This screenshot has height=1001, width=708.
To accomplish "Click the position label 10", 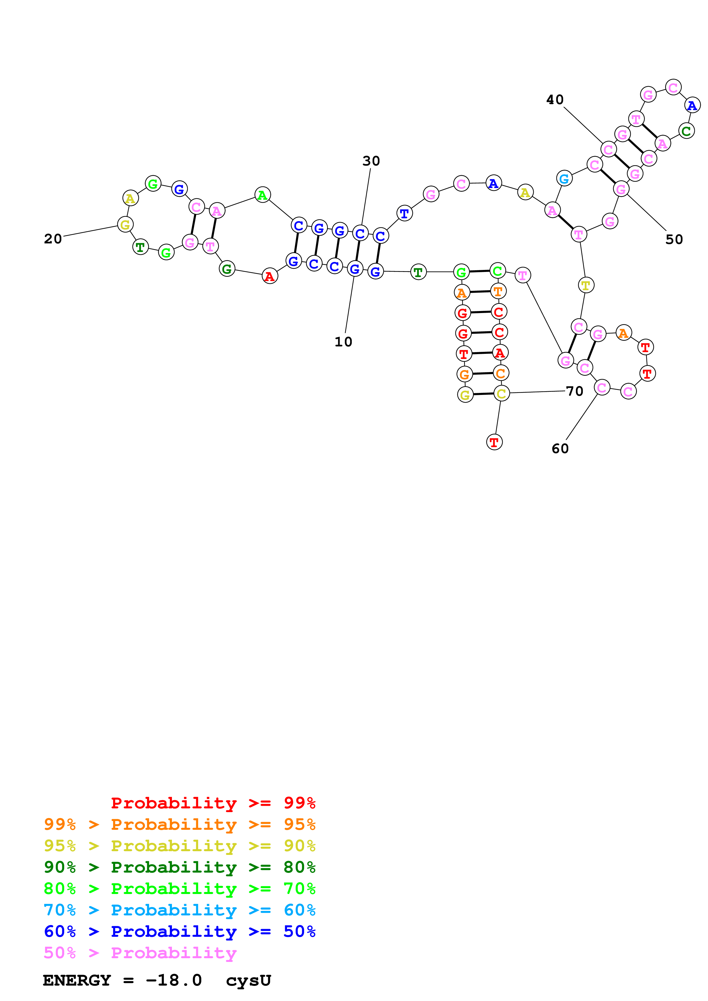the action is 343,342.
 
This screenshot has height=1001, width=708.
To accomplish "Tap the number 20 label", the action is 53,239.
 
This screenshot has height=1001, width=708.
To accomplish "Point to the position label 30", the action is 371,161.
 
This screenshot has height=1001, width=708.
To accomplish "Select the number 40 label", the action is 555,100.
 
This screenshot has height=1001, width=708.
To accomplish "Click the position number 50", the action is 674,239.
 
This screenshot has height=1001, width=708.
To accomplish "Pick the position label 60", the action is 560,449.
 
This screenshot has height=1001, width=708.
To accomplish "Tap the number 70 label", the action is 575,391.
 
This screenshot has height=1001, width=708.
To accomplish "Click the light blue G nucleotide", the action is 564,178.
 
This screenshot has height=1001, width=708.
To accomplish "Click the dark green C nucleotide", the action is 686,131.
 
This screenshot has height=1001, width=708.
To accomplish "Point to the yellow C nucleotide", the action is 501,394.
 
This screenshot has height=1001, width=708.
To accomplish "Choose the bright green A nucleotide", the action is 262,195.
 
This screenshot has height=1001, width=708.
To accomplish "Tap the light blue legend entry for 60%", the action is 179,910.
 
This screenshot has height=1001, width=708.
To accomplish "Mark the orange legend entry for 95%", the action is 179,824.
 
